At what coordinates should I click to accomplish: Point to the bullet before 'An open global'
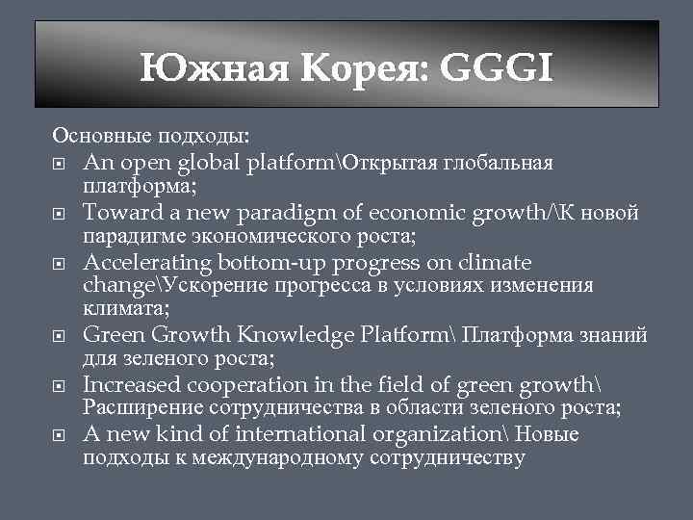click(60, 162)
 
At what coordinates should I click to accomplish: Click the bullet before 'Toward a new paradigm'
click(60, 213)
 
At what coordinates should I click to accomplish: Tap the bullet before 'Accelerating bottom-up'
click(60, 263)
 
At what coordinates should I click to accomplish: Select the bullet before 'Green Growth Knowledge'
click(60, 335)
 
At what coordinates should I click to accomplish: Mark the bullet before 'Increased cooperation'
click(60, 385)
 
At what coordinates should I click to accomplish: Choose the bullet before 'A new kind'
click(60, 435)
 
